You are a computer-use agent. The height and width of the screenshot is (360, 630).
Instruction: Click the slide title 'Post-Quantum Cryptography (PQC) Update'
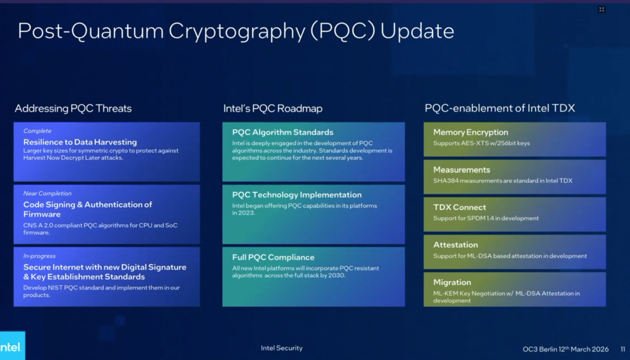coord(236,31)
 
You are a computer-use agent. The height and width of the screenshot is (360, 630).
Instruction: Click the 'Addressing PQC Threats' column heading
coord(73,108)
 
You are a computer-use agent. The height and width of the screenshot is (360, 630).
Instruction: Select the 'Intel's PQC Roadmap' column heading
coord(273,108)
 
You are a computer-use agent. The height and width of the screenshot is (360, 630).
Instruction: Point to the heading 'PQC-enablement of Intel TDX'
coord(499,108)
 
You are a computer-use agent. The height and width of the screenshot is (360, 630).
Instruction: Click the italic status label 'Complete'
coord(37,131)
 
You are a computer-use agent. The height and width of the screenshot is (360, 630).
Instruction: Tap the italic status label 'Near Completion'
coord(47,193)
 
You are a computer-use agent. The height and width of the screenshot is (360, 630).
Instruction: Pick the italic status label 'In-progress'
coord(39,256)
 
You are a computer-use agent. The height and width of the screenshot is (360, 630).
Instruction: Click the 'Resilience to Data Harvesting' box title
coord(80,142)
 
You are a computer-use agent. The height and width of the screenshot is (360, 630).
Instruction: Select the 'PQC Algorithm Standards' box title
coord(283,132)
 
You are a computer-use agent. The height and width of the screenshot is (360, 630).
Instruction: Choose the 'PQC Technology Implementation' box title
coord(297,195)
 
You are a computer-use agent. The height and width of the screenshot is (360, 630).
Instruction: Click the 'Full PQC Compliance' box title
coord(273,257)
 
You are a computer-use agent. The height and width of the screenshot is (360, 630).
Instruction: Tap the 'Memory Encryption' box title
coord(471,132)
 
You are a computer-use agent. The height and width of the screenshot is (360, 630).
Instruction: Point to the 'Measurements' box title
coord(461,170)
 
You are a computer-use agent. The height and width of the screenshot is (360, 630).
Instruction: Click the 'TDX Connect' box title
coord(459,207)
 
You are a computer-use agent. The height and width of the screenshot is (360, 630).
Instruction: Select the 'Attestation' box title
coord(455,245)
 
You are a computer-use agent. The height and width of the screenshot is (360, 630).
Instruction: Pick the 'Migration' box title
coord(452,282)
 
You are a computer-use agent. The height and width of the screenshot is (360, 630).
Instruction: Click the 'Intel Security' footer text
coord(281,348)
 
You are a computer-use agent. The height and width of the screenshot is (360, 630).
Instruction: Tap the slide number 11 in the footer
coord(622,349)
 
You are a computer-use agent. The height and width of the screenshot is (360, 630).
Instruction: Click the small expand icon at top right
coord(602,9)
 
